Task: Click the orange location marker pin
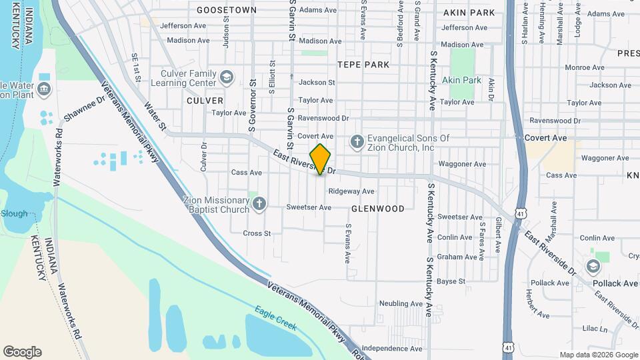point(321,159)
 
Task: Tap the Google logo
point(22,352)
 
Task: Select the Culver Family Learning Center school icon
point(227,78)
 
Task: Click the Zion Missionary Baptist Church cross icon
point(259,205)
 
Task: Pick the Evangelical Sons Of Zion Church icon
point(357,142)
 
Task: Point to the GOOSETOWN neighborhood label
point(227,10)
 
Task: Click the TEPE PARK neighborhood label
point(363,65)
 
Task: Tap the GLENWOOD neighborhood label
point(377,209)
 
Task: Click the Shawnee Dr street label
point(85,109)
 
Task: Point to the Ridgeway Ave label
point(351,191)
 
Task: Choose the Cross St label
point(257,233)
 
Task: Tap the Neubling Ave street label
point(401,303)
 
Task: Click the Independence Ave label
point(393,348)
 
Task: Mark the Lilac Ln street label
point(595,329)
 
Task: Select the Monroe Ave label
point(584,67)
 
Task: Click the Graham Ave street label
point(458,257)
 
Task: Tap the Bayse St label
point(451,281)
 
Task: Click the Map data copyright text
point(598,355)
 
